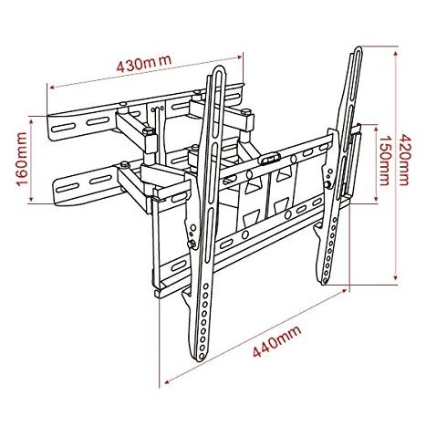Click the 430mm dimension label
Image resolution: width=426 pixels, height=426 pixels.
point(144,64)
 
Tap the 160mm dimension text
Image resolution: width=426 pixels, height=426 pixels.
point(22,159)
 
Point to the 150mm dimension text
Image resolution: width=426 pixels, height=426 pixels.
point(384,161)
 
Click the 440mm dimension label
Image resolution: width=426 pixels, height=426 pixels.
point(277,341)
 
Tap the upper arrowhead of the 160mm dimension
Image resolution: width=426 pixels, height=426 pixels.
point(31,121)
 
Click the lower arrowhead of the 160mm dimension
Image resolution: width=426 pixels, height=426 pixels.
point(31,200)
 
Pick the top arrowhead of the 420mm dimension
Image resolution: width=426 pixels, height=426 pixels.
point(395,54)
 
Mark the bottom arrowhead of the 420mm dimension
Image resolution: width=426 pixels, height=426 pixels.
point(395,277)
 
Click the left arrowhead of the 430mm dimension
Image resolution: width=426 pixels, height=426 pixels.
point(52,88)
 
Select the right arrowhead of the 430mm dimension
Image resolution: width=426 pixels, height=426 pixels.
point(240,57)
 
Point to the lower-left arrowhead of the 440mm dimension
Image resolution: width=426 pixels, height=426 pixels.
point(166,381)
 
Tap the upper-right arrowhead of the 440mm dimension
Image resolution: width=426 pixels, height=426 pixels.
point(344,291)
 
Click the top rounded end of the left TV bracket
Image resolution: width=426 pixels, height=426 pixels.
point(219,68)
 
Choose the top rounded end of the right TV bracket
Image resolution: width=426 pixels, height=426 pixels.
point(358,48)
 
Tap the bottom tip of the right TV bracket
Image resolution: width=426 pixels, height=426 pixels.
point(324,283)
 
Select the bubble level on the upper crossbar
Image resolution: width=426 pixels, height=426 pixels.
point(268,159)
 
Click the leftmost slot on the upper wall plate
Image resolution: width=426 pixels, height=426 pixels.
point(63,127)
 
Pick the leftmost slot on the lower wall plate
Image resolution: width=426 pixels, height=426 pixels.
point(67,188)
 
